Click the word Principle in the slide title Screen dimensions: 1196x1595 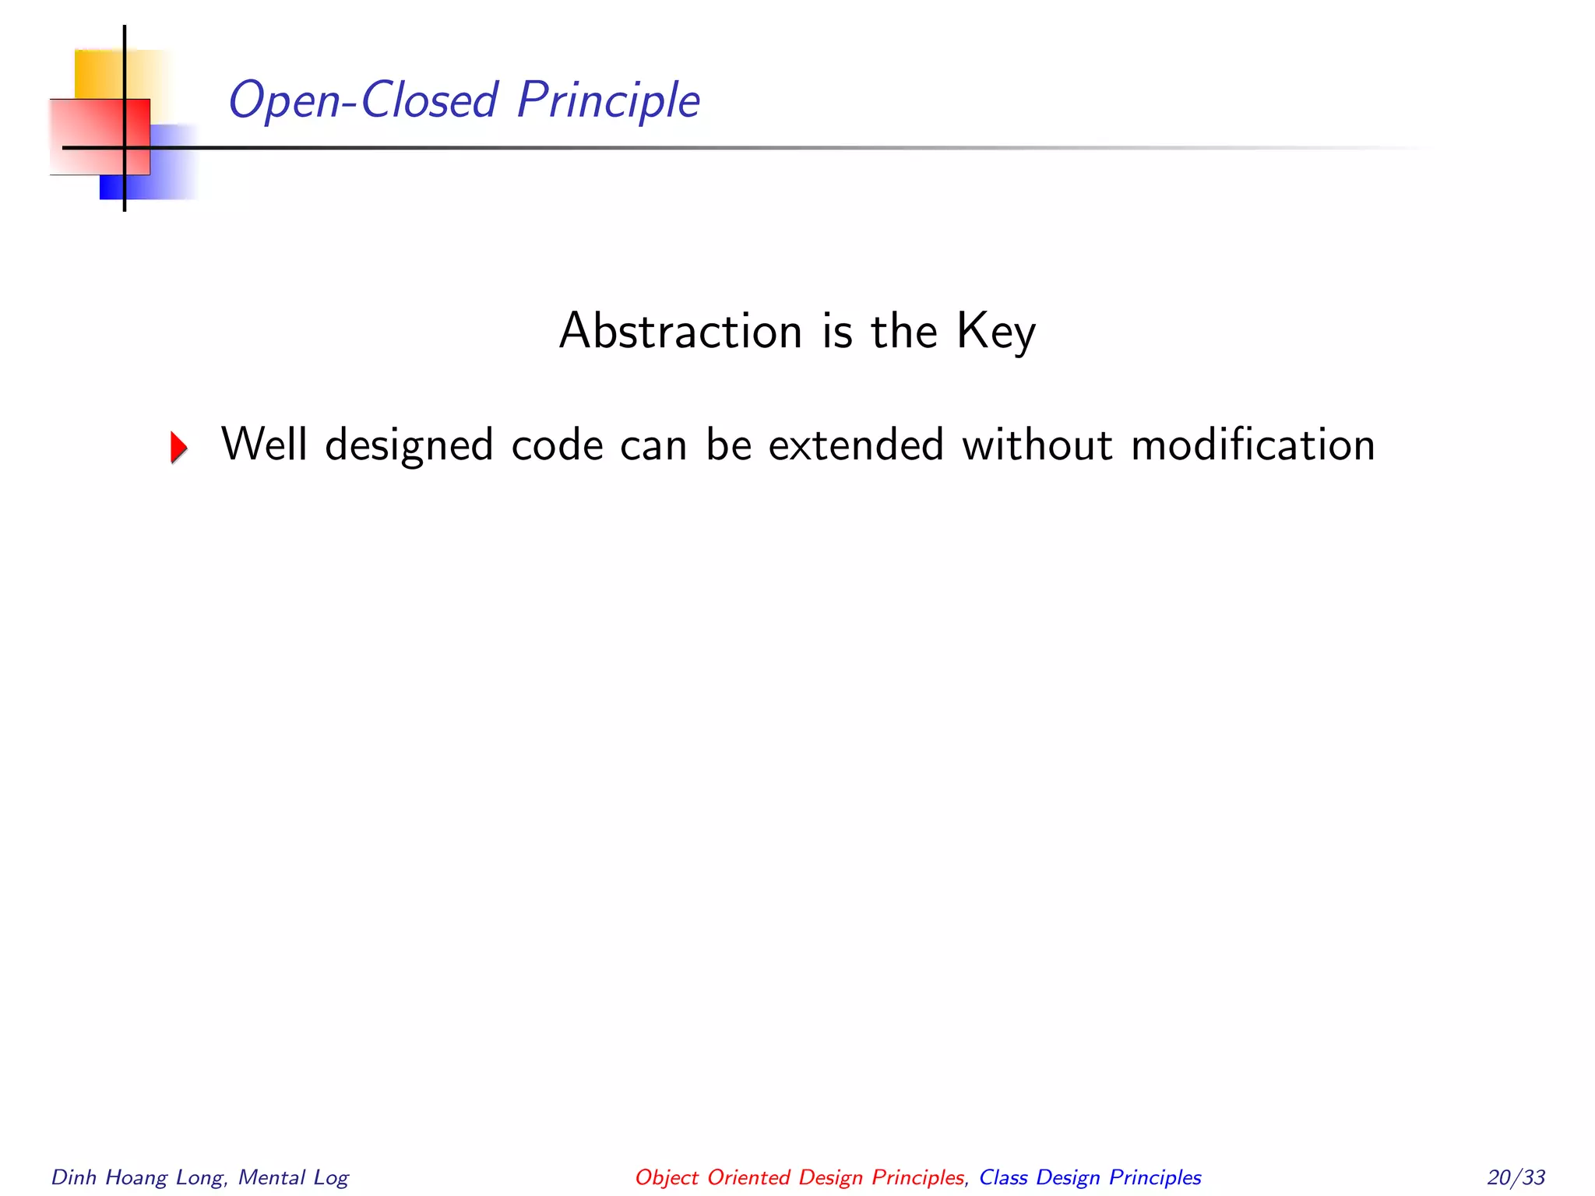coord(608,100)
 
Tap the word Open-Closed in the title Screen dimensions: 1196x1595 coord(363,100)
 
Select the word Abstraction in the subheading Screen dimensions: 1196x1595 coord(681,331)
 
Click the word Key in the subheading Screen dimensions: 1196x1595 coord(995,332)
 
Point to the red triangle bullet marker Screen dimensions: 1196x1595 coord(179,447)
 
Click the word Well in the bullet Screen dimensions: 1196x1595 coord(264,445)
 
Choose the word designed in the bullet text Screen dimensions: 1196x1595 coord(409,446)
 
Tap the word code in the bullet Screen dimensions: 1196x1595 coord(557,445)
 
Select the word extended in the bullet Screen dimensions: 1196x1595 coord(856,445)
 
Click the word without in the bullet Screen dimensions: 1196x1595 coord(1037,445)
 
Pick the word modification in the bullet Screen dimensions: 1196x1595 coord(1252,445)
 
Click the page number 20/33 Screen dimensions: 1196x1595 coord(1516,1177)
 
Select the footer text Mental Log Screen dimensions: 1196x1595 coord(294,1177)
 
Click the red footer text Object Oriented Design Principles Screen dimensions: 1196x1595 coord(799,1177)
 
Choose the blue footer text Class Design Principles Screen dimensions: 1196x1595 coord(1090,1177)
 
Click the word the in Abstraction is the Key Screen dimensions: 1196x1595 coord(903,331)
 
